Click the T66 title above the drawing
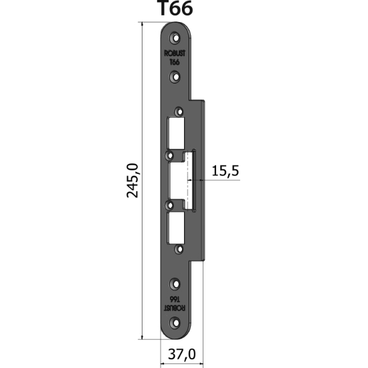(174, 9)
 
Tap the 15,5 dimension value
(225, 171)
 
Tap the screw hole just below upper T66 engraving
(175, 76)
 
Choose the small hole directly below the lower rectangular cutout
(178, 249)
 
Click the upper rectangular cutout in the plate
(176, 133)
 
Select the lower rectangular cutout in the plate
(176, 227)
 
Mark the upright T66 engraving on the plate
(175, 62)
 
